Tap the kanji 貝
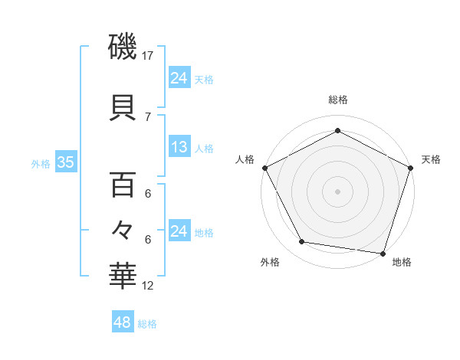click(123, 107)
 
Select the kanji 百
click(123, 185)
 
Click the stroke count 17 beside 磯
click(148, 56)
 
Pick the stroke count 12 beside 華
click(148, 286)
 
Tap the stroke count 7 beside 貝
click(148, 116)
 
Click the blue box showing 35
click(65, 162)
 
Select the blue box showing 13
click(179, 147)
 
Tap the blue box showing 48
click(122, 322)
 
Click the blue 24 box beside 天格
click(179, 77)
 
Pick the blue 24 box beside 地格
click(179, 231)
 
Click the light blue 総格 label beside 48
click(147, 324)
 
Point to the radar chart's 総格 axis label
click(337, 100)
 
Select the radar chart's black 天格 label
click(431, 159)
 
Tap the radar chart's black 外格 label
click(270, 263)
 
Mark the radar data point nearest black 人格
click(264, 168)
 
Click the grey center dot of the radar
click(337, 191)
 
